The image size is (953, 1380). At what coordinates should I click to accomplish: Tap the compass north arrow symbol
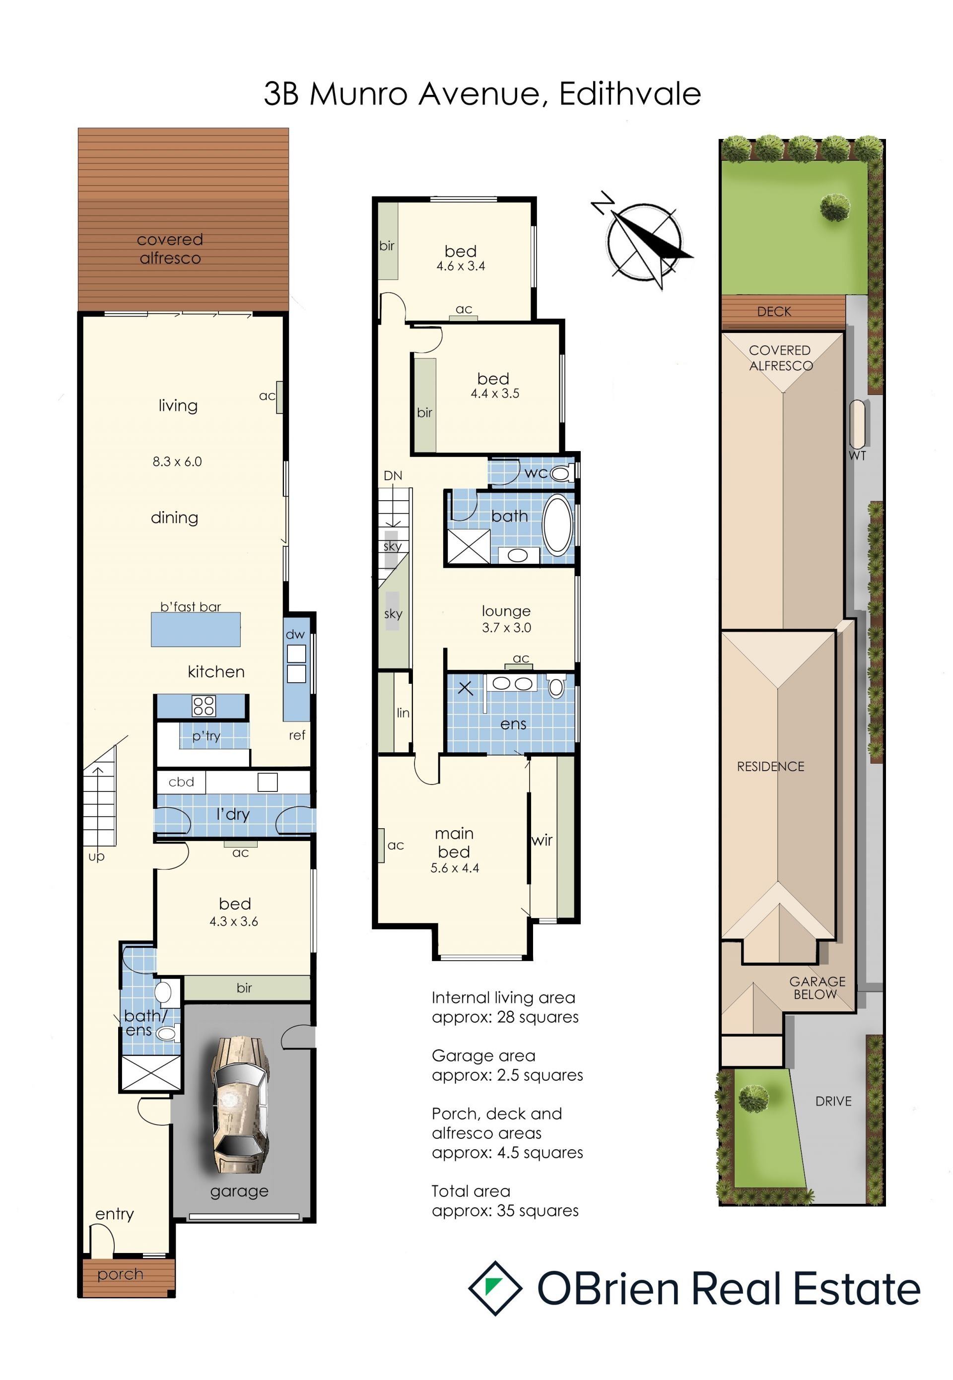click(644, 241)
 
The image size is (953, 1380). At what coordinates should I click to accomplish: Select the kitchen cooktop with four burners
click(204, 706)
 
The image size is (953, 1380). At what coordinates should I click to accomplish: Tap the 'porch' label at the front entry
click(120, 1274)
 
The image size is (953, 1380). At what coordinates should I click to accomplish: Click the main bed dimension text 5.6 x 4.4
click(455, 868)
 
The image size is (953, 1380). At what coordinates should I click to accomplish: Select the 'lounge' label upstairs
click(506, 611)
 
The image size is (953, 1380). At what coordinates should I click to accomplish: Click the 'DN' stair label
click(393, 476)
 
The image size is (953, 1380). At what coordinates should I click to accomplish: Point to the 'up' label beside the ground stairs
click(97, 856)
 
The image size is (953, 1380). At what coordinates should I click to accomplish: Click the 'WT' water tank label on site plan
click(858, 456)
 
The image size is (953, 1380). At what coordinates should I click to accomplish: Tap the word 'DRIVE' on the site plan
click(833, 1101)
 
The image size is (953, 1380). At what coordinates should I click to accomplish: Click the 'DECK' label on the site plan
click(774, 312)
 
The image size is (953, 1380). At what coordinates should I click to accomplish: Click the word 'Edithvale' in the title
click(630, 94)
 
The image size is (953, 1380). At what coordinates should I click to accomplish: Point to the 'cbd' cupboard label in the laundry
click(182, 782)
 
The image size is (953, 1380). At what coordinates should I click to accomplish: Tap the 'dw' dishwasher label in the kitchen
click(295, 634)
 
